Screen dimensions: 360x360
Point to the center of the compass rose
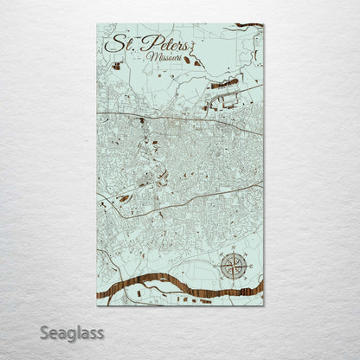click(x=233, y=266)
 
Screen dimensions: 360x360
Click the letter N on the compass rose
click(x=233, y=253)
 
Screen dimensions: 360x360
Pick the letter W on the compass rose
click(x=219, y=266)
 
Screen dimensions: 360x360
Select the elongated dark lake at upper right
click(x=224, y=84)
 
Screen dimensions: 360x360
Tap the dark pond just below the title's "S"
click(x=116, y=65)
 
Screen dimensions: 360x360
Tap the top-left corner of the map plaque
click(x=97, y=24)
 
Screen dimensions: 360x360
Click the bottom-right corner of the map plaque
click(x=263, y=305)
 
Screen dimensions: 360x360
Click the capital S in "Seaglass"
click(x=44, y=333)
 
